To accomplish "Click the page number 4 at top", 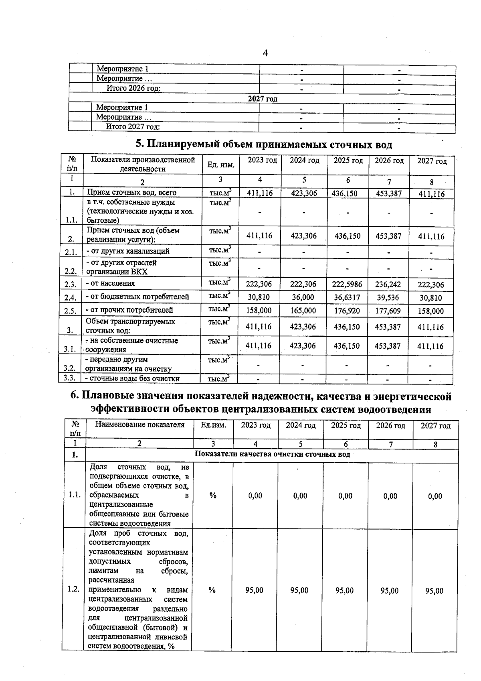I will coord(265,53).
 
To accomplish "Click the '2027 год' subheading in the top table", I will coord(263,99).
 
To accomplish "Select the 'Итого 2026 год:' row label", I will coord(133,88).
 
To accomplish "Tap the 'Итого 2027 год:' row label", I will coord(133,127).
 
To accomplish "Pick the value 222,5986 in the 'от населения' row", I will coord(347,284).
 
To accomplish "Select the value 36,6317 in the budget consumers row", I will coord(347,297).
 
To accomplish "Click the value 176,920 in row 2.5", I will coord(347,311).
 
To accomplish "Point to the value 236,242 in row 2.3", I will coord(388,284).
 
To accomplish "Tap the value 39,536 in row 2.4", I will coord(388,297).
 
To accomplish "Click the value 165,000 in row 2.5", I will coord(303,311).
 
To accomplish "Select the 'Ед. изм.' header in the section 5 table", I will coord(221,165).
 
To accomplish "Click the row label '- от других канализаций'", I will coord(128,251).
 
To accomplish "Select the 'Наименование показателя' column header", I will coord(139,425).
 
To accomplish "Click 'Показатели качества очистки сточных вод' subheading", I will coord(272,454).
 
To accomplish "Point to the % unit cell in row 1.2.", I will coord(212,590).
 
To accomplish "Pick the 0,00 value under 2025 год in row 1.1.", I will coord(345,496).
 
